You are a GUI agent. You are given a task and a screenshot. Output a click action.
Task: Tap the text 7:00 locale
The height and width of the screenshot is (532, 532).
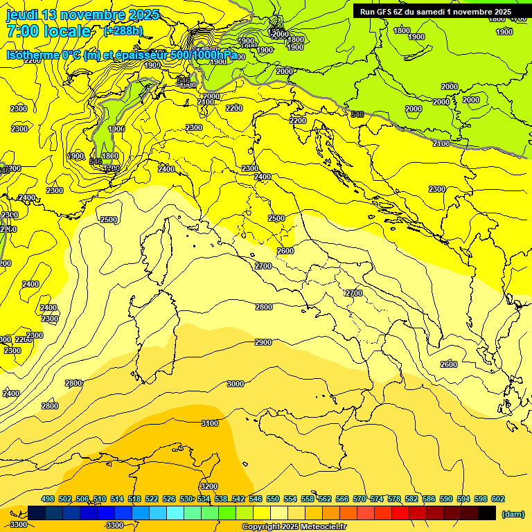point(48,31)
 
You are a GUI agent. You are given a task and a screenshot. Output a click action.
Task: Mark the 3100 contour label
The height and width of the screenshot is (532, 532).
point(209,423)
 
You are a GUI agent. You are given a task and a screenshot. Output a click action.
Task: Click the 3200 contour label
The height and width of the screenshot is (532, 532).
point(208,486)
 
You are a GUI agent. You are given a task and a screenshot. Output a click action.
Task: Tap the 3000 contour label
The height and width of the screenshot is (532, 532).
point(236,384)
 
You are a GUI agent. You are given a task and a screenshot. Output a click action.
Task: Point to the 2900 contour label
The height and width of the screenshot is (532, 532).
point(263,342)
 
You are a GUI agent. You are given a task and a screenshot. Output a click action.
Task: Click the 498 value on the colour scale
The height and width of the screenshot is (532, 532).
point(48,499)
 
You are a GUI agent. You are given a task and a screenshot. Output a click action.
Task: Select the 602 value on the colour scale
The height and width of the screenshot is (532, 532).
point(498,499)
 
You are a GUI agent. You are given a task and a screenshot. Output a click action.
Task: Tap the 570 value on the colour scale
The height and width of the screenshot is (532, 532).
point(360,499)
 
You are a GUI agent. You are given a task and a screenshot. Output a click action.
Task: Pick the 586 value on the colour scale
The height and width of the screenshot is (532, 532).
point(429,499)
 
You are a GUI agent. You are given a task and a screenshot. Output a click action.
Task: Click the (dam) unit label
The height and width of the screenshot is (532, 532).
point(512,514)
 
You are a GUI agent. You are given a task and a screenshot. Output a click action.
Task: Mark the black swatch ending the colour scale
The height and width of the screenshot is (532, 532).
point(487,513)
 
